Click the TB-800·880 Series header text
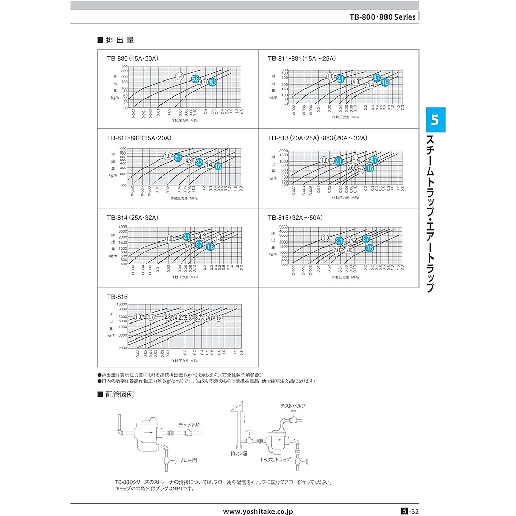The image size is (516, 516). [x=382, y=17]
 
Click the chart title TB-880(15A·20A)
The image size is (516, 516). [x=132, y=59]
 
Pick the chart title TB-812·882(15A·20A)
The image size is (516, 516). [x=139, y=138]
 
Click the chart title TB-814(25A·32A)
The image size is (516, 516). [x=132, y=218]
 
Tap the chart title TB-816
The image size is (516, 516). [x=117, y=297]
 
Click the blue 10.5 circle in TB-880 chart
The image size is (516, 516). [x=212, y=82]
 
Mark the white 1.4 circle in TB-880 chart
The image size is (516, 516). [x=180, y=76]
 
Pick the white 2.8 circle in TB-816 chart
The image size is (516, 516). [x=167, y=317]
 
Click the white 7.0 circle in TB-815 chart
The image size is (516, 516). [x=337, y=250]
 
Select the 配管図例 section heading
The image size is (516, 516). [x=119, y=395]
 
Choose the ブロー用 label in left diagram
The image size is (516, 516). [x=188, y=458]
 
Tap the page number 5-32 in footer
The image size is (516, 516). [x=410, y=510]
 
